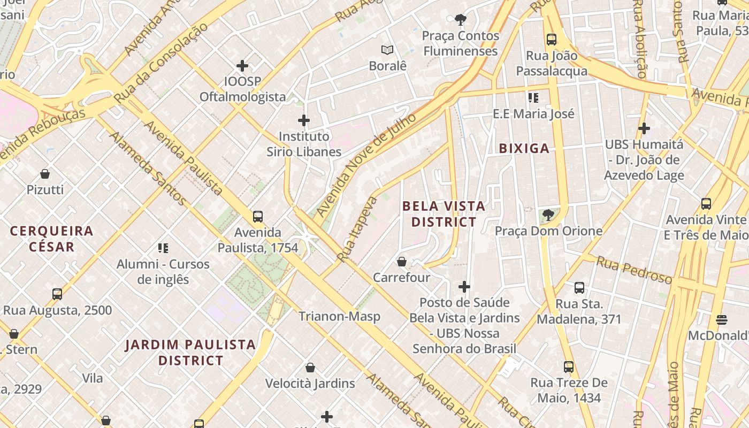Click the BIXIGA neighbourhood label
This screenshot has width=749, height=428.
(524, 148)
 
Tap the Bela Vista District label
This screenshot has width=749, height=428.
(444, 213)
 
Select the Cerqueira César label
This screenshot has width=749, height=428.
(52, 239)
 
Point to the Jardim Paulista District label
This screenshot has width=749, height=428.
(190, 352)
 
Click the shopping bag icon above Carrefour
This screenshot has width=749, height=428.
(402, 262)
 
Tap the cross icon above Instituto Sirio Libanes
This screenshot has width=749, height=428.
(304, 120)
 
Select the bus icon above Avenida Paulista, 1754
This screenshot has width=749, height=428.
(258, 217)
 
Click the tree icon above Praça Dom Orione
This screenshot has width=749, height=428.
(548, 215)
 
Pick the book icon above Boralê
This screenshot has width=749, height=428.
(387, 50)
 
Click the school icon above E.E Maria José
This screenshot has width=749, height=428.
(533, 98)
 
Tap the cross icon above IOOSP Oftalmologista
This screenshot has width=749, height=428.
(242, 66)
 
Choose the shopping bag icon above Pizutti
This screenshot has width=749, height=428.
(45, 174)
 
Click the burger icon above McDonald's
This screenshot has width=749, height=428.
(722, 320)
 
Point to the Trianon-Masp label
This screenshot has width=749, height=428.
(339, 316)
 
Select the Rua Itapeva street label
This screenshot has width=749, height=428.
(357, 229)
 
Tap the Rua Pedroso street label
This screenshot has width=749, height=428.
(634, 270)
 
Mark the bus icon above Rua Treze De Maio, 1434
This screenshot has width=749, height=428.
(569, 367)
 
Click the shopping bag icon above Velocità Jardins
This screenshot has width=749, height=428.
(310, 368)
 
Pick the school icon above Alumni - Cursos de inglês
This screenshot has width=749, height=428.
(163, 248)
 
